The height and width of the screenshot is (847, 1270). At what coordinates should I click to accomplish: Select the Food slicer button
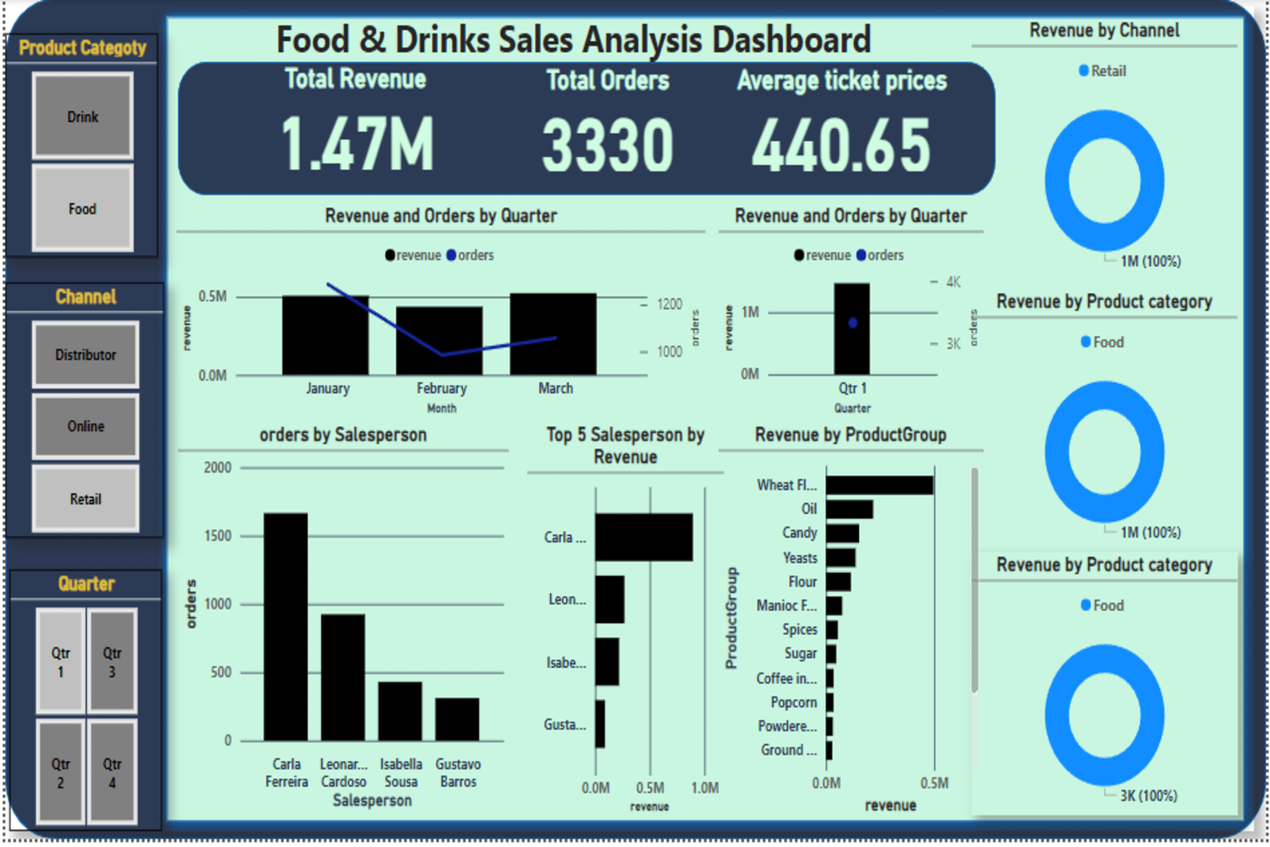(x=83, y=208)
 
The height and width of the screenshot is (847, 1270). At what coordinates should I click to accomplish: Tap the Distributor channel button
(x=86, y=355)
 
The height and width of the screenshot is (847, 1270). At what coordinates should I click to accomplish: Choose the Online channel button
(x=86, y=426)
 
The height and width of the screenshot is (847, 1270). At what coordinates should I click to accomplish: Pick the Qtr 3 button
(x=112, y=662)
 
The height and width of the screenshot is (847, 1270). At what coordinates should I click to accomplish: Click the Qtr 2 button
(x=61, y=772)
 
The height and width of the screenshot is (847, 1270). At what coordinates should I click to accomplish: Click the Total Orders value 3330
(x=607, y=145)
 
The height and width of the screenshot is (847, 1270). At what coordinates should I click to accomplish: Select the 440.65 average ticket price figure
(x=841, y=145)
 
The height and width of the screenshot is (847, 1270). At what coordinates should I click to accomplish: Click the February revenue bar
(x=439, y=340)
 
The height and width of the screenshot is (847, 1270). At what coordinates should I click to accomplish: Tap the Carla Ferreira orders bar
(x=286, y=627)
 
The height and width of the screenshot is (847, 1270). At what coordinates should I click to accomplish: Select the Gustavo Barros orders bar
(x=457, y=719)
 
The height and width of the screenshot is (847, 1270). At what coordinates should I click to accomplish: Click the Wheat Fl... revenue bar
(x=879, y=485)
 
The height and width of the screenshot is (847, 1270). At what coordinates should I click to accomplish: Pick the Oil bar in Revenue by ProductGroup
(x=849, y=509)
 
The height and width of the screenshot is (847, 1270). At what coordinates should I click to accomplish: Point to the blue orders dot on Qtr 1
(x=853, y=323)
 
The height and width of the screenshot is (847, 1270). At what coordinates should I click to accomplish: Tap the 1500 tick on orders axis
(x=218, y=536)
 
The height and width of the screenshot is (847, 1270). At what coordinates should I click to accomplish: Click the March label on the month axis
(x=555, y=388)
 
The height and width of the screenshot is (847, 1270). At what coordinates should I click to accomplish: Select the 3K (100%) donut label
(x=1149, y=796)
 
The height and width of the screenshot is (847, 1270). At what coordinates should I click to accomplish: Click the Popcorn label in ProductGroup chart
(x=793, y=702)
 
